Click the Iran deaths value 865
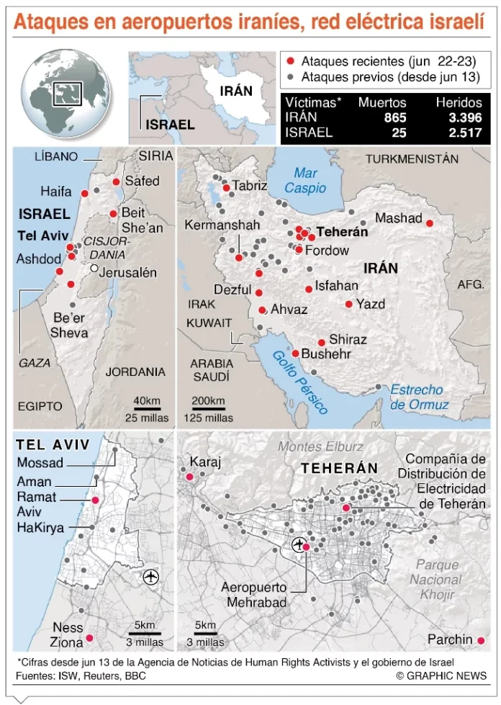pos(394,117)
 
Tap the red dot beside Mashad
pos(430,223)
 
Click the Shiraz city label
pos(348,339)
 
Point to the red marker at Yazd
pos(349,304)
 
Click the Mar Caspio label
pos(305,180)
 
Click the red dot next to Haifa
pos(84,194)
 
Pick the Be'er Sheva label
pos(69,325)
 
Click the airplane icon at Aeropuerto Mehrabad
pos(297,544)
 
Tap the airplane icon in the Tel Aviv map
pos(151,576)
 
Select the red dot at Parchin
pos(481,640)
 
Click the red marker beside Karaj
pos(190,477)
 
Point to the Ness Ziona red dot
pos(90,637)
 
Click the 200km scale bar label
pos(207,401)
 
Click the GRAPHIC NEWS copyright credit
pos(441,675)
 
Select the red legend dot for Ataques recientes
pos(290,62)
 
